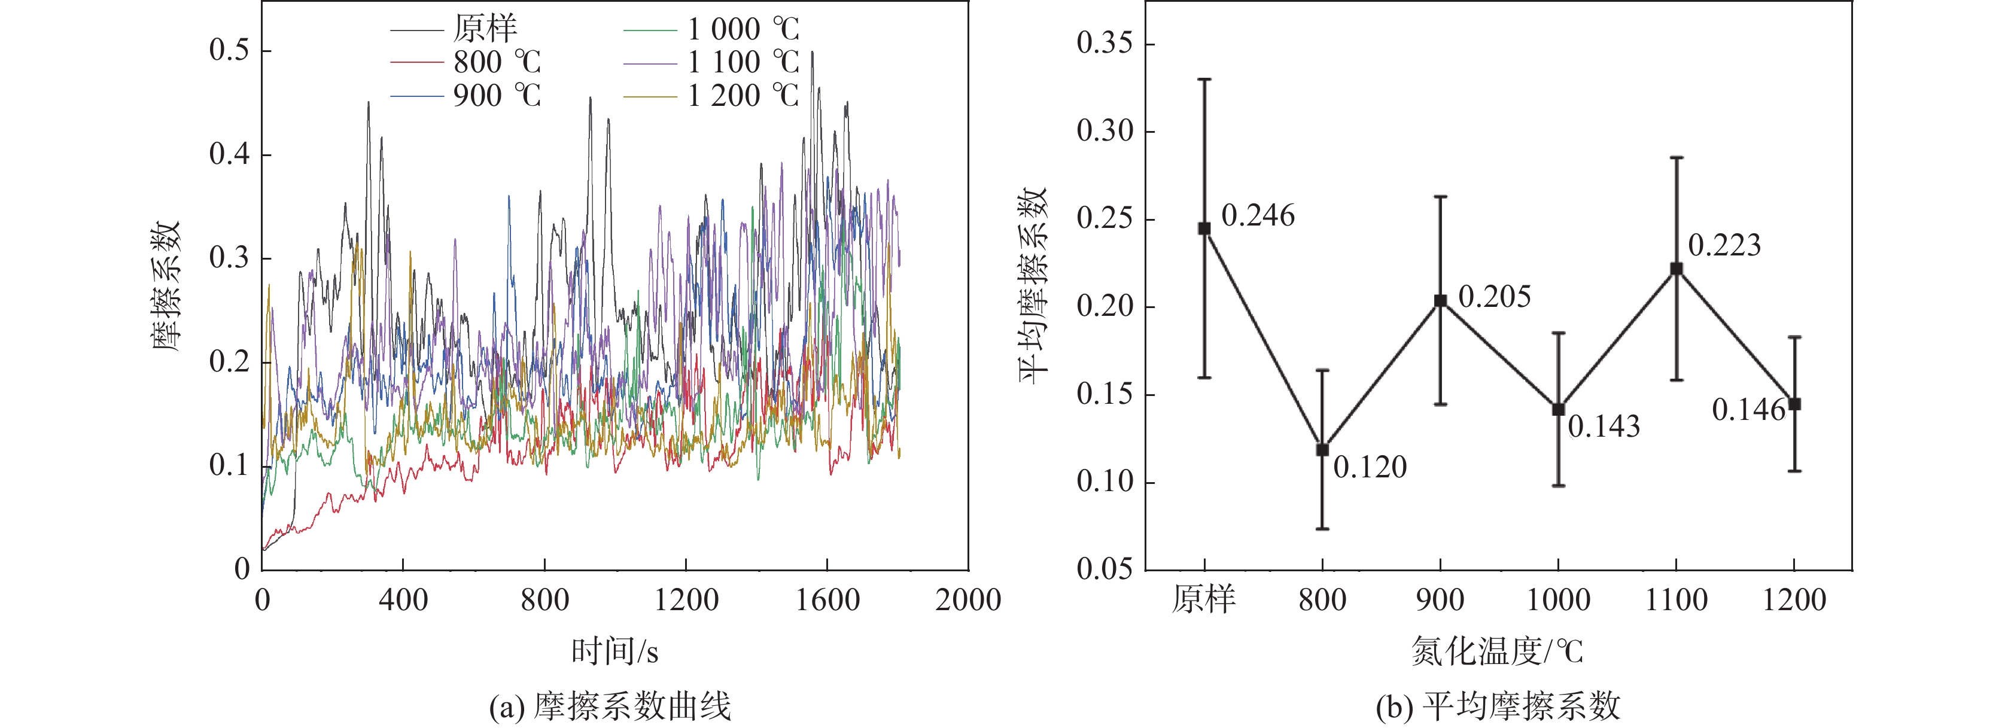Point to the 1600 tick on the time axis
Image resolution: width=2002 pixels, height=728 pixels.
point(827,600)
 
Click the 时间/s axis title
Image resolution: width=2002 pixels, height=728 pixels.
point(614,651)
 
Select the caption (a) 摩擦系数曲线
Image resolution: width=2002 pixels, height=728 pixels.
point(610,706)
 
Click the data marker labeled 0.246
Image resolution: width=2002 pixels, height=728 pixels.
point(1204,229)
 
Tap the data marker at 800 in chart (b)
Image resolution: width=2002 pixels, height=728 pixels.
point(1322,450)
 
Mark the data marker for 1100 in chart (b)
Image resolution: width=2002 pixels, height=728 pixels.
point(1677,269)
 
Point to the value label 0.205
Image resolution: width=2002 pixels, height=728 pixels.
point(1495,297)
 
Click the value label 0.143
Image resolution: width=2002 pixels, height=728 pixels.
point(1604,427)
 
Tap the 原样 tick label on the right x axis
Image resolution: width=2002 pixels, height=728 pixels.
point(1204,600)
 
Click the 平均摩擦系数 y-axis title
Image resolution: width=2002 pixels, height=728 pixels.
point(1034,286)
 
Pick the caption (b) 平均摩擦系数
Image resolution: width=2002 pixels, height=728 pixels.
point(1498,706)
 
